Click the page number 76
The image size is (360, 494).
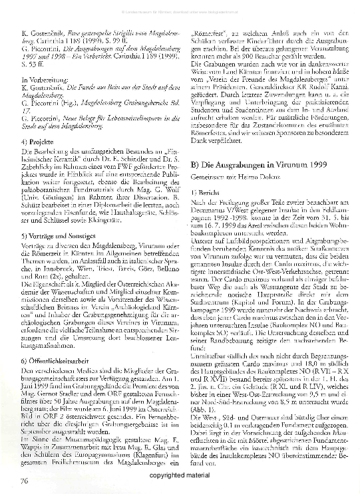pos(24,479)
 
